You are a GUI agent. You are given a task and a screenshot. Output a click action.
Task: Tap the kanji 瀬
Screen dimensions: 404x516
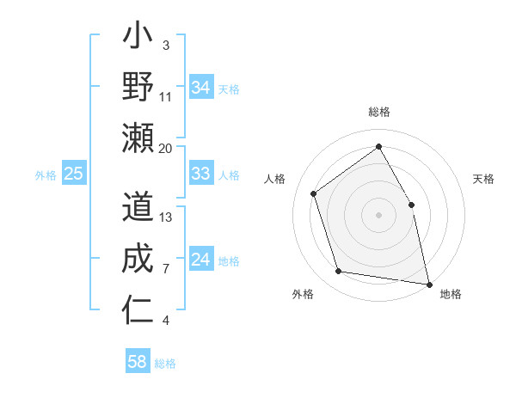(x=138, y=138)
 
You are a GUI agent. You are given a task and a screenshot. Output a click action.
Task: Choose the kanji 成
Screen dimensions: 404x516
(x=138, y=259)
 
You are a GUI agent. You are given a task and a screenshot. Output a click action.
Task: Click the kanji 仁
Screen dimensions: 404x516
(x=138, y=310)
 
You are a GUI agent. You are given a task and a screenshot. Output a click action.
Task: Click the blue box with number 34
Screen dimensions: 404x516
(x=201, y=88)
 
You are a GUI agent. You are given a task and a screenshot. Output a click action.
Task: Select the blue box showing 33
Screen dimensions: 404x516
(x=201, y=174)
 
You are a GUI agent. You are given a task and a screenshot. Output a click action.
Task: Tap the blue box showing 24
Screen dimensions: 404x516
(x=201, y=260)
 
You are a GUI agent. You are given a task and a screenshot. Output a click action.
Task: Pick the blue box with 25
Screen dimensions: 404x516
(x=74, y=174)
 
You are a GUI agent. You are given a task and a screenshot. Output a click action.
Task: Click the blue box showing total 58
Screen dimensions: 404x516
(x=138, y=362)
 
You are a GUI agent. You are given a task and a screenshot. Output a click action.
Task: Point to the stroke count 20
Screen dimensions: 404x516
(x=166, y=148)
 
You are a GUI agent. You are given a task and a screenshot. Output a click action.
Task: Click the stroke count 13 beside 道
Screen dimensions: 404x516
(x=167, y=217)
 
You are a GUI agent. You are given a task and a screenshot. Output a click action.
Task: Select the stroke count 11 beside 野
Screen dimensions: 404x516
(x=167, y=96)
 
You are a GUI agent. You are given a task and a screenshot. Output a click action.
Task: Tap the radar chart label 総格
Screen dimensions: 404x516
(x=379, y=113)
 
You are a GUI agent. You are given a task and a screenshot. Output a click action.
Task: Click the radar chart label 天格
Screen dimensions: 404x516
(x=484, y=179)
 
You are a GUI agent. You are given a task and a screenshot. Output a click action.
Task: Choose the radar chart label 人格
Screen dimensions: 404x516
(x=275, y=179)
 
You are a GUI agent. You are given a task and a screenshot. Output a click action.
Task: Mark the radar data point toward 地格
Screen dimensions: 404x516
(x=428, y=283)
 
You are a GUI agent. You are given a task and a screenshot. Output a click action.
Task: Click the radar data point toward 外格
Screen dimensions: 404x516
(x=338, y=272)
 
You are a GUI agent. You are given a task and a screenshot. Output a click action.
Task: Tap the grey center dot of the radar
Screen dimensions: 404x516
(x=379, y=214)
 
